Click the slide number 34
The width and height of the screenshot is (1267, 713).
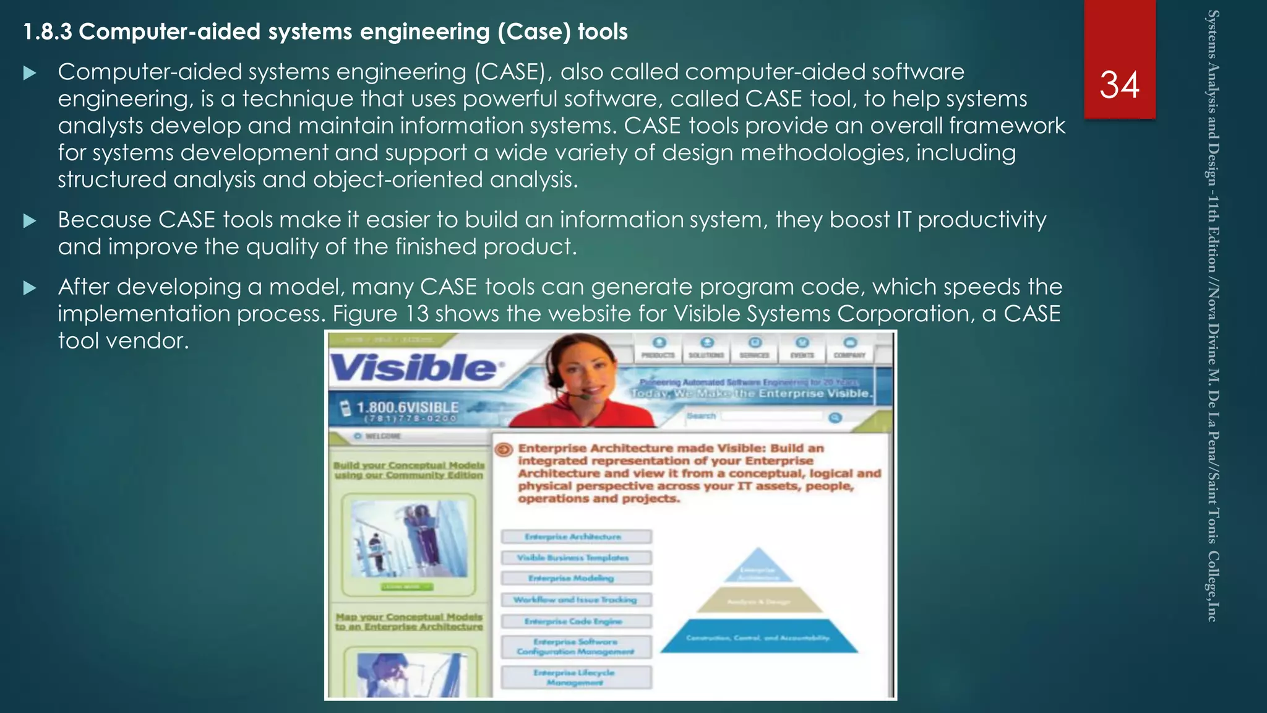coord(1119,85)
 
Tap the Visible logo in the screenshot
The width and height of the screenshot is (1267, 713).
coord(413,368)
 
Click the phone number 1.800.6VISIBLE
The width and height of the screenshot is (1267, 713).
coord(408,407)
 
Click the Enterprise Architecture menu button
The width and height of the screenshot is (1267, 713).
coord(575,537)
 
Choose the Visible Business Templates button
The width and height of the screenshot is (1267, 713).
coord(575,558)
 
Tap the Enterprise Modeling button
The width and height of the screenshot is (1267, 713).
coord(575,578)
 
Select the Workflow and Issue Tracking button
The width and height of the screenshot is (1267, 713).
coord(575,600)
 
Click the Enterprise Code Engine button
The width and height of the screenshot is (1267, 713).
coord(575,621)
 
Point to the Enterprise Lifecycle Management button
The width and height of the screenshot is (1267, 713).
coord(575,677)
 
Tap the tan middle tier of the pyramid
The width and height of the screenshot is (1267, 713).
coord(758,600)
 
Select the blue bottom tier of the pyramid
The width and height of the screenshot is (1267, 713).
coord(758,637)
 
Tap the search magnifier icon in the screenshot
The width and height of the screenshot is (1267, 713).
coord(835,418)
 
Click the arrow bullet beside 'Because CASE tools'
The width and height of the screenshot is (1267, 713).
coord(29,221)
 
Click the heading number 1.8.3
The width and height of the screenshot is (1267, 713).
coord(47,32)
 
